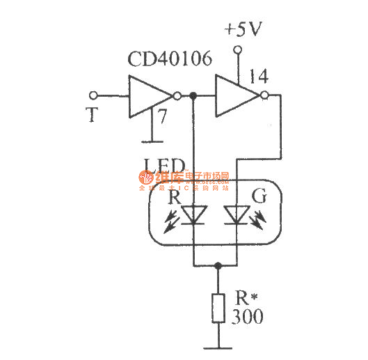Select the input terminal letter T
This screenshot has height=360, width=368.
(x=91, y=116)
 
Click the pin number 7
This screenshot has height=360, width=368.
(x=161, y=116)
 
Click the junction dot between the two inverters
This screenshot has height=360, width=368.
(x=193, y=95)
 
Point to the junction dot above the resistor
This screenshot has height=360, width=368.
(x=218, y=265)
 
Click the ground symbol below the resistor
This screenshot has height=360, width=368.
(x=218, y=347)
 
